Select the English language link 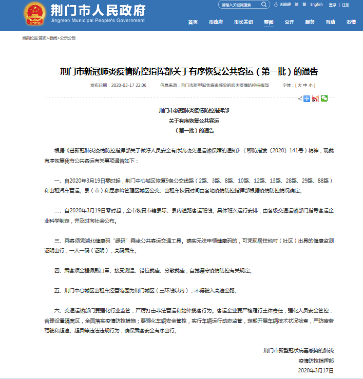pyautogui.click(x=316, y=5)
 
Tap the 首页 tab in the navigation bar pyautogui.click(x=193, y=23)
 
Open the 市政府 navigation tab pyautogui.click(x=216, y=23)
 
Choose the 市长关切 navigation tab pyautogui.click(x=243, y=23)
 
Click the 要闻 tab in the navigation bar pyautogui.click(x=269, y=23)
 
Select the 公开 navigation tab pyautogui.click(x=290, y=23)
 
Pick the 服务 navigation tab pyautogui.click(x=310, y=23)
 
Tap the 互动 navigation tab pyautogui.click(x=330, y=23)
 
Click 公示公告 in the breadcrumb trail pyautogui.click(x=68, y=38)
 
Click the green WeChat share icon pyautogui.click(x=324, y=98)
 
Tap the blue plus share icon pyautogui.click(x=307, y=98)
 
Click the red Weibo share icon pyautogui.click(x=315, y=98)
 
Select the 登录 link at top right pyautogui.click(x=333, y=5)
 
